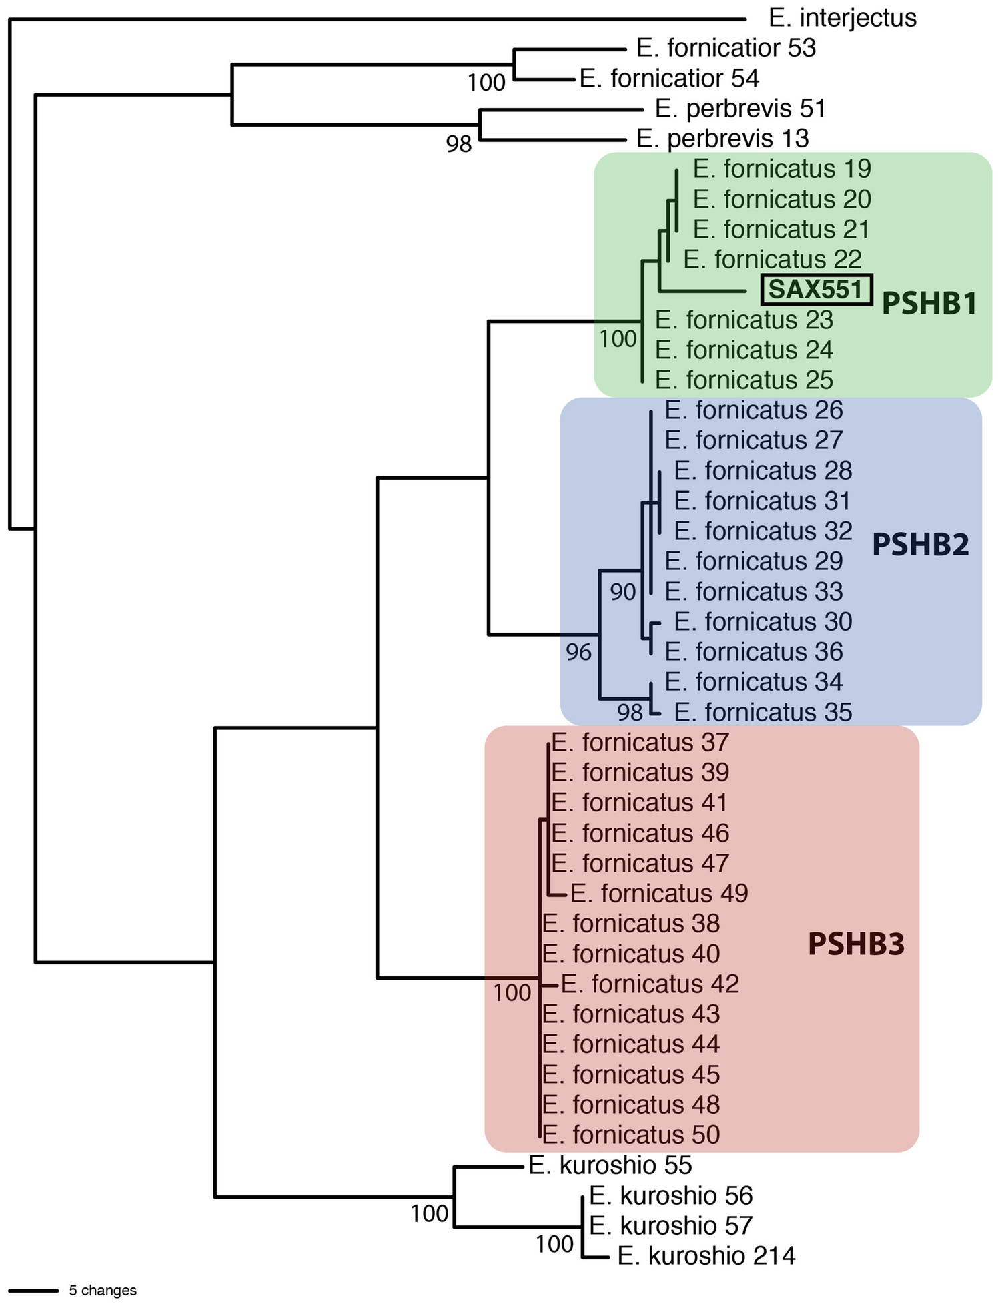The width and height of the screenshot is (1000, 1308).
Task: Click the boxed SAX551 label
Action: tap(817, 290)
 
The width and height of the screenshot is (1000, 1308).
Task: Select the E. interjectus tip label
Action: tap(843, 18)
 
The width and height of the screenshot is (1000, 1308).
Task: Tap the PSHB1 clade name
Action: tap(929, 304)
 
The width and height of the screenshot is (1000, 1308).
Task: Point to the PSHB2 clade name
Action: tap(920, 545)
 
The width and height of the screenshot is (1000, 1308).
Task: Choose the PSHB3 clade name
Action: tap(856, 944)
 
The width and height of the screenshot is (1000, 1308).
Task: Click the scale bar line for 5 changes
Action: tap(33, 1291)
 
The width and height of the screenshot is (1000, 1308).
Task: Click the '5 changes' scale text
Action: tap(103, 1291)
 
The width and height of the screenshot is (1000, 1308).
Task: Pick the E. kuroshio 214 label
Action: tap(706, 1256)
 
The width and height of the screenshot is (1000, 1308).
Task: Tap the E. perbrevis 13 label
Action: tap(722, 139)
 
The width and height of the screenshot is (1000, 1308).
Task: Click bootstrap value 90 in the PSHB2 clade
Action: tap(622, 591)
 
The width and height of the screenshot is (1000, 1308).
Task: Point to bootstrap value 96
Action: tap(578, 652)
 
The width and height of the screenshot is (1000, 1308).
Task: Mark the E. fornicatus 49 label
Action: tap(659, 893)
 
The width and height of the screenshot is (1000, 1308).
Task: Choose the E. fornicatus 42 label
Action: tap(650, 984)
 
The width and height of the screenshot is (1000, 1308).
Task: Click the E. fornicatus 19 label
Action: tap(782, 169)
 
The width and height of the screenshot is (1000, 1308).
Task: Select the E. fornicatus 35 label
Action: tap(763, 712)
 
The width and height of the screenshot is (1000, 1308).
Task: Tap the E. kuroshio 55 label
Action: tap(610, 1165)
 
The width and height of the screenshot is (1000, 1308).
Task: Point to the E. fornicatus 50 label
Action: tap(631, 1134)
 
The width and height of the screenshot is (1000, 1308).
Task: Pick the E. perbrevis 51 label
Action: tap(740, 108)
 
